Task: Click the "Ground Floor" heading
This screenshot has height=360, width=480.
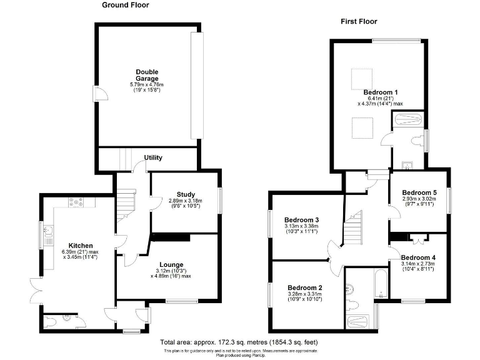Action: [126, 5]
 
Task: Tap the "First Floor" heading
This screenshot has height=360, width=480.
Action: [359, 21]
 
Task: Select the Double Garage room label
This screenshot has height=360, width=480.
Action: [147, 74]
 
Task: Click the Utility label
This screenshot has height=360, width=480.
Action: [153, 157]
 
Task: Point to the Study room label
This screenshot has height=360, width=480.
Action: [186, 194]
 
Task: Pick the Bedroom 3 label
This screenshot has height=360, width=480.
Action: [302, 220]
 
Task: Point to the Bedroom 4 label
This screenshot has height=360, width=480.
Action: [418, 257]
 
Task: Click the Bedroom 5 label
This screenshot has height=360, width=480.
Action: [419, 192]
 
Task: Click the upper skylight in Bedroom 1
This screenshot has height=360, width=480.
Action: [360, 79]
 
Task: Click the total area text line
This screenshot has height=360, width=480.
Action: [239, 343]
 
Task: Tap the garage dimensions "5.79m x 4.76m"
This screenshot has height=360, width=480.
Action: [147, 84]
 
